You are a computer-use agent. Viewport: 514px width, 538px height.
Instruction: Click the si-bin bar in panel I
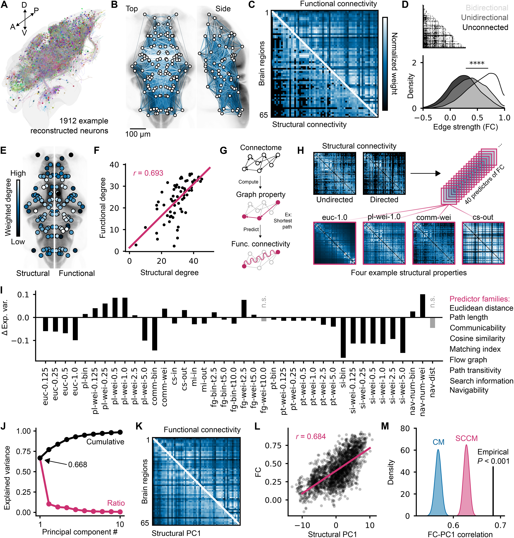pyautogui.click(x=343, y=337)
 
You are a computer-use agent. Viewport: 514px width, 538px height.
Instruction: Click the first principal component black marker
pyautogui.click(x=40, y=458)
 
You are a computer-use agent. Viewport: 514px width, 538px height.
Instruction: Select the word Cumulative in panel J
pyautogui.click(x=105, y=441)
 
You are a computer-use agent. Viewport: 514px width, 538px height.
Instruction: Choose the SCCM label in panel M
pyautogui.click(x=466, y=438)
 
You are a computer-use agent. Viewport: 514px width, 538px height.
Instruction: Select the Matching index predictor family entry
pyautogui.click(x=475, y=349)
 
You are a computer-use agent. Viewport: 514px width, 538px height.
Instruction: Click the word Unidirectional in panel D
pyautogui.click(x=484, y=18)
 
